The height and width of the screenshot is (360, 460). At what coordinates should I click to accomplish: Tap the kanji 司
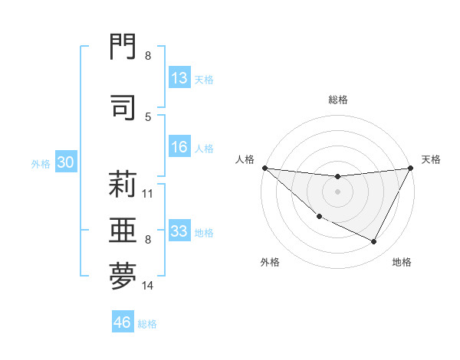pyautogui.click(x=123, y=106)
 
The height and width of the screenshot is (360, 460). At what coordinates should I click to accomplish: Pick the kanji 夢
pyautogui.click(x=123, y=277)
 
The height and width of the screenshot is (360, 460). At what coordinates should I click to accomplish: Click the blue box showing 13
pyautogui.click(x=179, y=78)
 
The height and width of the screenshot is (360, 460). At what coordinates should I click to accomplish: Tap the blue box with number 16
pyautogui.click(x=179, y=148)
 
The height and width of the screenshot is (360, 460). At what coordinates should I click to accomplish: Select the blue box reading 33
pyautogui.click(x=179, y=231)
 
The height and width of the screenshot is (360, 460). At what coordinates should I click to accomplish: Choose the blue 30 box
pyautogui.click(x=65, y=162)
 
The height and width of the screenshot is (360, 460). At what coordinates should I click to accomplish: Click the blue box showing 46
pyautogui.click(x=123, y=322)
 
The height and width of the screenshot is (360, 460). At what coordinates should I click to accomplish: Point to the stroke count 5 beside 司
pyautogui.click(x=147, y=116)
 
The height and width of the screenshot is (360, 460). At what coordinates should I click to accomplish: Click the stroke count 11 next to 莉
pyautogui.click(x=148, y=193)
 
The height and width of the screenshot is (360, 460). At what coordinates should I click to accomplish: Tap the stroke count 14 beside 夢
pyautogui.click(x=148, y=286)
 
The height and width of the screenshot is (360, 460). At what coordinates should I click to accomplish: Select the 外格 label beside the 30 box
pyautogui.click(x=41, y=163)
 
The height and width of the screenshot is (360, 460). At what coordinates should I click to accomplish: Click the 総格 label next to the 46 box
pyautogui.click(x=147, y=323)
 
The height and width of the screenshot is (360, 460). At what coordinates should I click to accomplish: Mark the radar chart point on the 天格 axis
pyautogui.click(x=410, y=168)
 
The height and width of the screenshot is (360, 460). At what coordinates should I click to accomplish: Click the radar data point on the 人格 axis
pyautogui.click(x=264, y=168)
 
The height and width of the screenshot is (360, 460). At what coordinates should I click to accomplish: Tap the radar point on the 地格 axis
pyautogui.click(x=374, y=242)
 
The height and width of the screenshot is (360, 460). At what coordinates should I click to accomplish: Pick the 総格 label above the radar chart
pyautogui.click(x=337, y=100)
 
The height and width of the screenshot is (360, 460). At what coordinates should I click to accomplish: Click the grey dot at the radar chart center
pyautogui.click(x=337, y=191)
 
